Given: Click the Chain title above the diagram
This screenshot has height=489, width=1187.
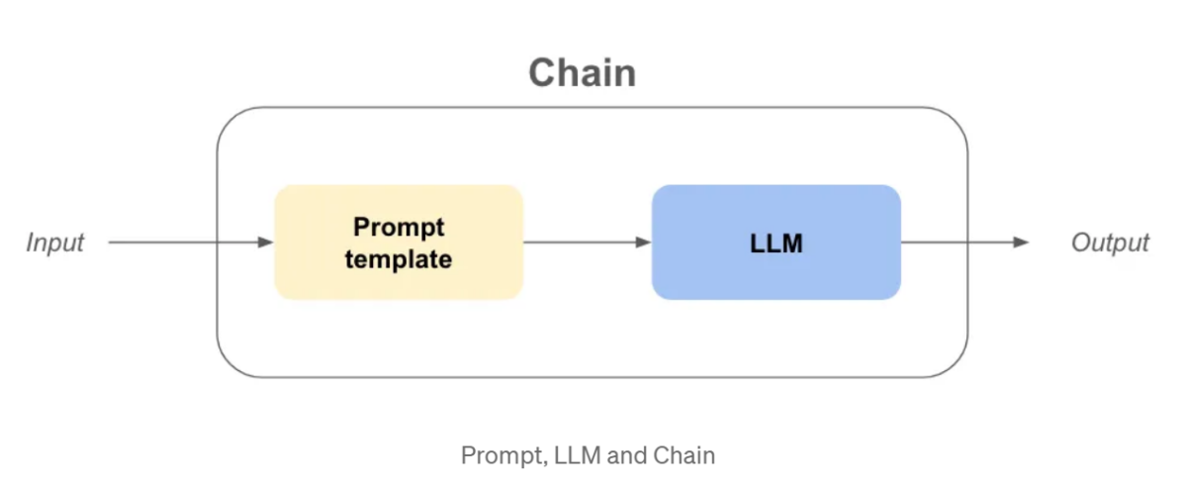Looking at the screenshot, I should coord(582,73).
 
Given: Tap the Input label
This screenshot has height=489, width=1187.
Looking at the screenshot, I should coord(55,243).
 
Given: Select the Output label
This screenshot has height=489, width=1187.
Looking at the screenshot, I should coord(1110,243).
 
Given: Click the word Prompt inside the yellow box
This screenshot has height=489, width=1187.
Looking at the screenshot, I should coord(399,227).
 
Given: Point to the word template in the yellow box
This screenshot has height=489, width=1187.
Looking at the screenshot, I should coord(399,259).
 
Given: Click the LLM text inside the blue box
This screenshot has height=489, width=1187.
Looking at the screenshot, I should coord(776,244).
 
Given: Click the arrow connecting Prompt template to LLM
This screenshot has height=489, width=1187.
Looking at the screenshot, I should coord(584,243).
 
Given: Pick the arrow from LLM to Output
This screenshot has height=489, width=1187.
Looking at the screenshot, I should coord(959,243).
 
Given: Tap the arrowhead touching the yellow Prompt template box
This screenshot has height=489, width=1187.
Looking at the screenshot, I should coord(265,243).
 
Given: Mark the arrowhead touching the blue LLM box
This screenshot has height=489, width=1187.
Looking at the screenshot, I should coord(643,243).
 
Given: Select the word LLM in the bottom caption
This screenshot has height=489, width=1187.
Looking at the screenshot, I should coord(571,455).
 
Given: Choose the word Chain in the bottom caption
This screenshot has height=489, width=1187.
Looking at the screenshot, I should coord(685,455).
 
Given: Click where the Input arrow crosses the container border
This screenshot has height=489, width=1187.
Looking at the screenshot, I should coord(218,243).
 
